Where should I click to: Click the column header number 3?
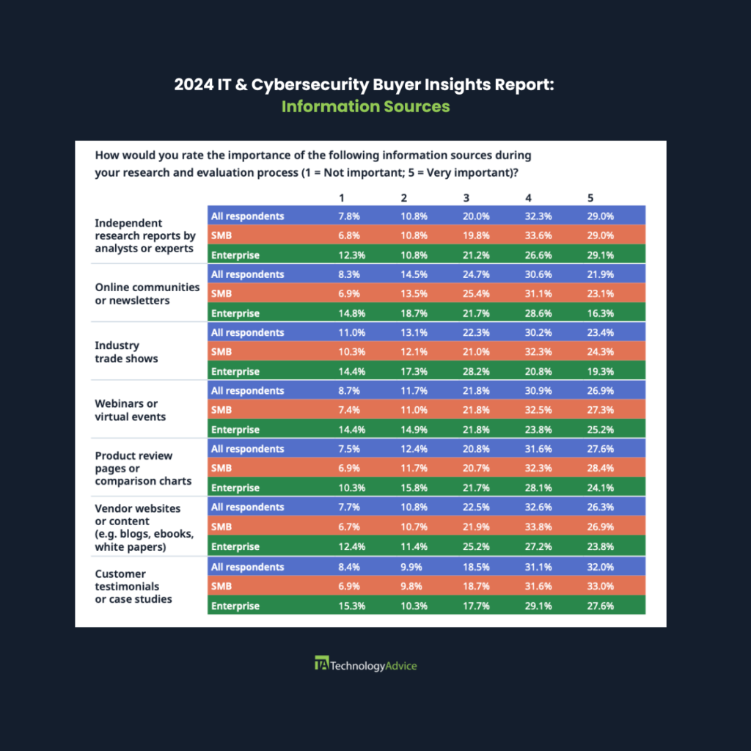pos(466,198)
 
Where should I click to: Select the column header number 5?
pos(590,198)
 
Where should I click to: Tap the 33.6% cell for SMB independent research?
pos(538,235)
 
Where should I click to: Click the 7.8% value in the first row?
pos(348,216)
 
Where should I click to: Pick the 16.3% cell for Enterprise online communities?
pos(600,313)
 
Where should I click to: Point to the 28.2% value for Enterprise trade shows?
pos(475,371)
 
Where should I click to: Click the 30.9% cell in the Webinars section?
pos(538,391)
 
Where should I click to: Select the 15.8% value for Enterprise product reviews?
pos(414,488)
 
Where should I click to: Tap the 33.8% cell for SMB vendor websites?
pos(538,527)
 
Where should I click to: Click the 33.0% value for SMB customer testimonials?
pos(600,586)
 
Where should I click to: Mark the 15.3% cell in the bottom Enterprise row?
pos(351,606)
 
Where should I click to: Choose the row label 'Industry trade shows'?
pos(126,352)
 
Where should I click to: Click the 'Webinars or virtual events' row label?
pos(131,410)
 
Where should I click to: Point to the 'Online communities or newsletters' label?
pos(147,293)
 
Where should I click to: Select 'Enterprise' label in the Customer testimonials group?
pos(235,606)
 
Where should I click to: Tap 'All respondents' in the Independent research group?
pos(248,216)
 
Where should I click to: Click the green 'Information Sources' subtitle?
pos(365,106)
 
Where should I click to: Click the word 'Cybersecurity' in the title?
pos(310,85)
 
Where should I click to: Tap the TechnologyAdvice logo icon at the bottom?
pos(322,663)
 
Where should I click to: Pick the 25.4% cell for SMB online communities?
pos(475,293)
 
